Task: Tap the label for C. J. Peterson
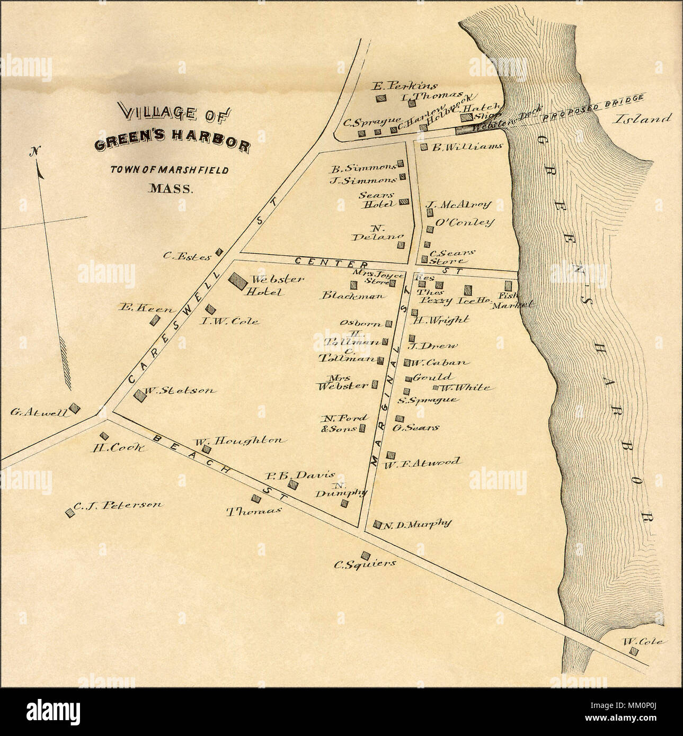(117, 505)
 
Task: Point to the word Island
(643, 119)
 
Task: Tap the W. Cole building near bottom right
(633, 651)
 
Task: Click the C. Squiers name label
(365, 564)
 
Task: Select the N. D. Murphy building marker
(377, 525)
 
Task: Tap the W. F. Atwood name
(422, 463)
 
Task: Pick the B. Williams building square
(424, 147)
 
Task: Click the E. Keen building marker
(155, 320)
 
